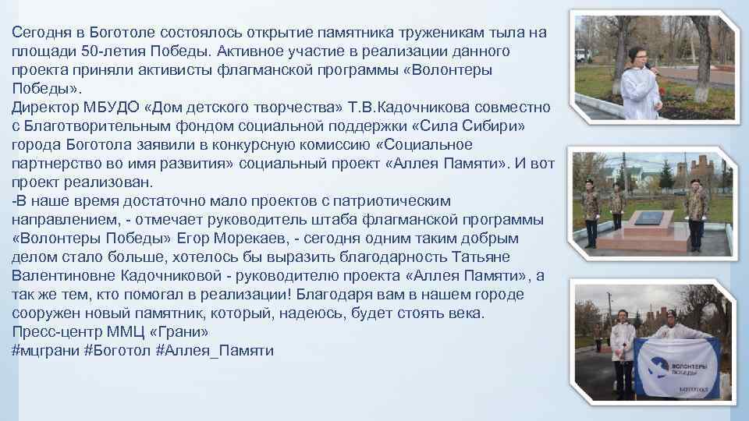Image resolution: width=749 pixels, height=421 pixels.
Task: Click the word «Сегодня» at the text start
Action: coord(37,32)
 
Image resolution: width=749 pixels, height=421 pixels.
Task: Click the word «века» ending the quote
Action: coord(464,313)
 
